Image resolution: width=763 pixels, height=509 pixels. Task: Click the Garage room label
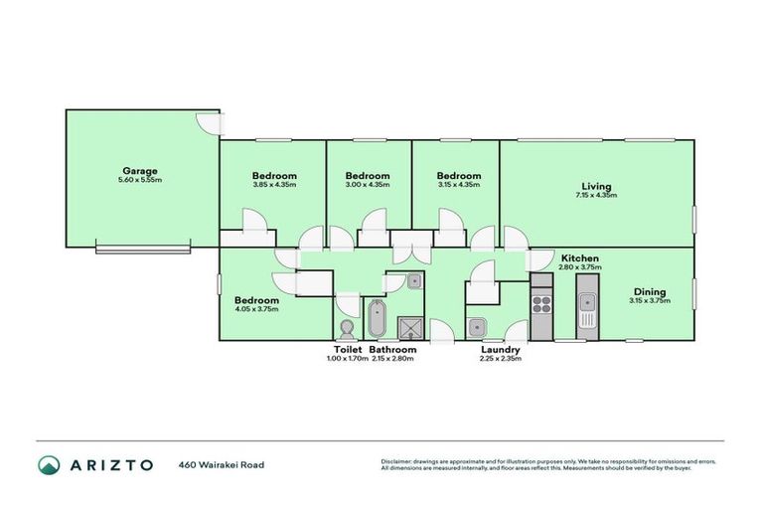pyautogui.click(x=140, y=170)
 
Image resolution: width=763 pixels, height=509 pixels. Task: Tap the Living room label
pyautogui.click(x=596, y=186)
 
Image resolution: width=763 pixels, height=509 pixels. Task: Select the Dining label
pyautogui.click(x=651, y=291)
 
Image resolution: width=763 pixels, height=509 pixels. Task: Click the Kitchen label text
pyautogui.click(x=579, y=257)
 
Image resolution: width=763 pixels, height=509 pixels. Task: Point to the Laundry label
pyautogui.click(x=500, y=350)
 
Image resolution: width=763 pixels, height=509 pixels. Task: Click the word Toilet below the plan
pyautogui.click(x=347, y=350)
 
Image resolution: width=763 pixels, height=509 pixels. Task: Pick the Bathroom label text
pyautogui.click(x=392, y=350)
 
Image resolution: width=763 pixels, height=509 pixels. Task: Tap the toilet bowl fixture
pyautogui.click(x=347, y=328)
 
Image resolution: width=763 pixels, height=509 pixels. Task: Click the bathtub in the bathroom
pyautogui.click(x=377, y=318)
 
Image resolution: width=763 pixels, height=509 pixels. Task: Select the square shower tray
pyautogui.click(x=408, y=327)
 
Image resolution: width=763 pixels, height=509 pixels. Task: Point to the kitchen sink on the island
pyautogui.click(x=588, y=319)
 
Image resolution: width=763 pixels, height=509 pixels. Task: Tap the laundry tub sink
pyautogui.click(x=477, y=325)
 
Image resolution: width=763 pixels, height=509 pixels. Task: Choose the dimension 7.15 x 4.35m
pyautogui.click(x=596, y=196)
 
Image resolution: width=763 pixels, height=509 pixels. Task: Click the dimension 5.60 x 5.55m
pyautogui.click(x=140, y=180)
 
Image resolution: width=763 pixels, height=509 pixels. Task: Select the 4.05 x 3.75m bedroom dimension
pyautogui.click(x=256, y=309)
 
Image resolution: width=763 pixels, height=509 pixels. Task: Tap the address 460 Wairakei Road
pyautogui.click(x=222, y=464)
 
